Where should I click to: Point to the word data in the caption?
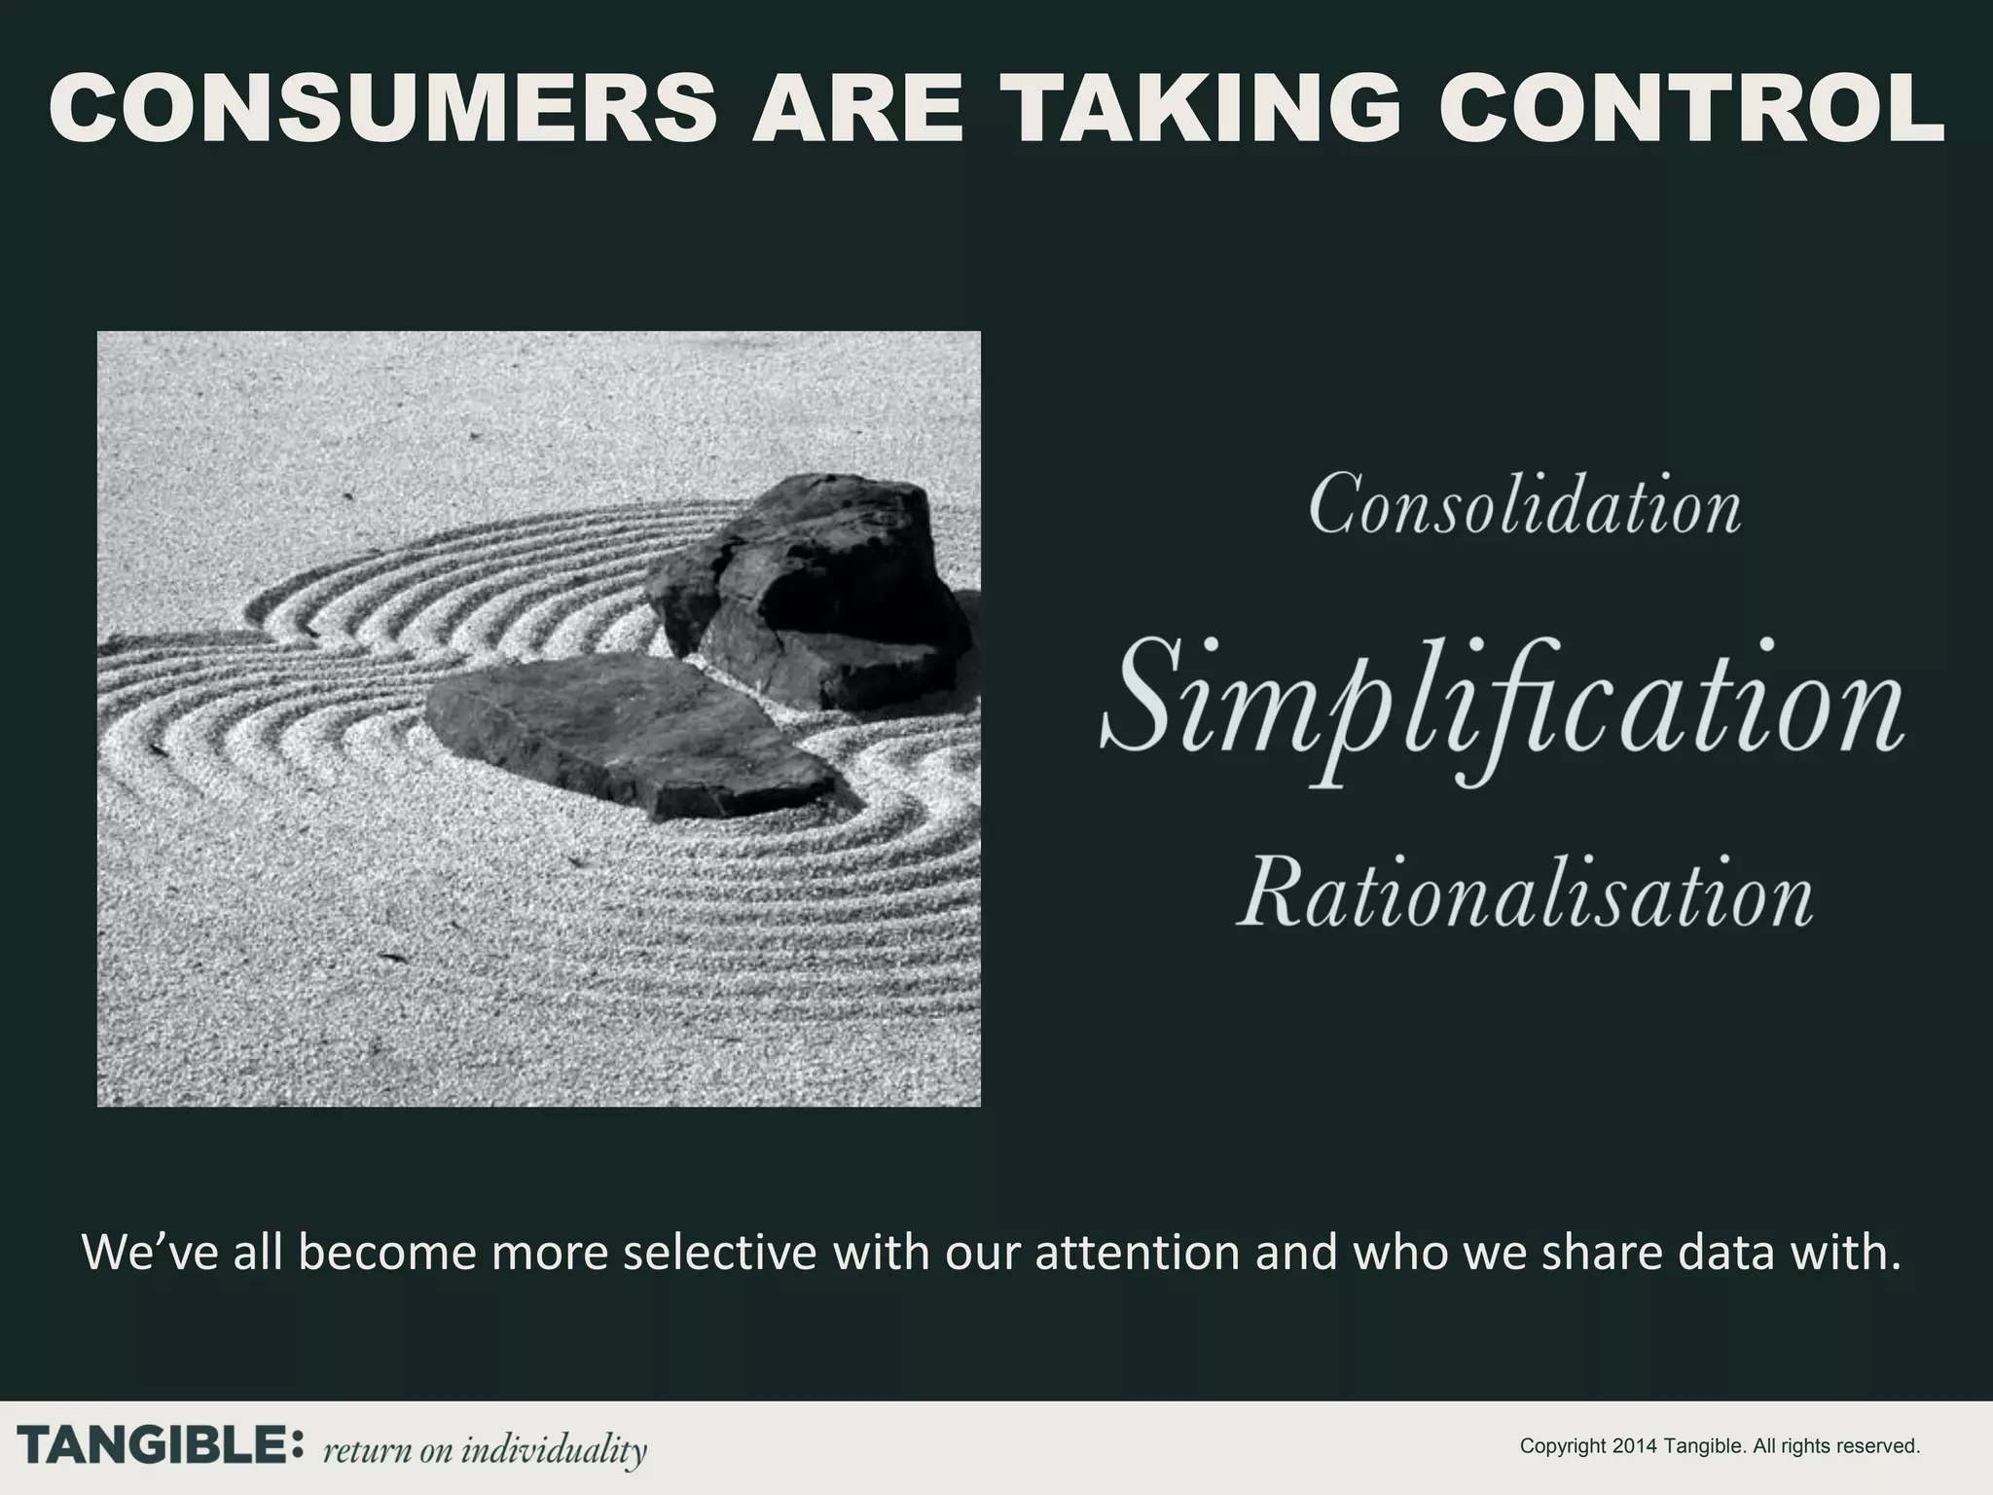click(1699, 1253)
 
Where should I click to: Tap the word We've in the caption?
click(153, 1253)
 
